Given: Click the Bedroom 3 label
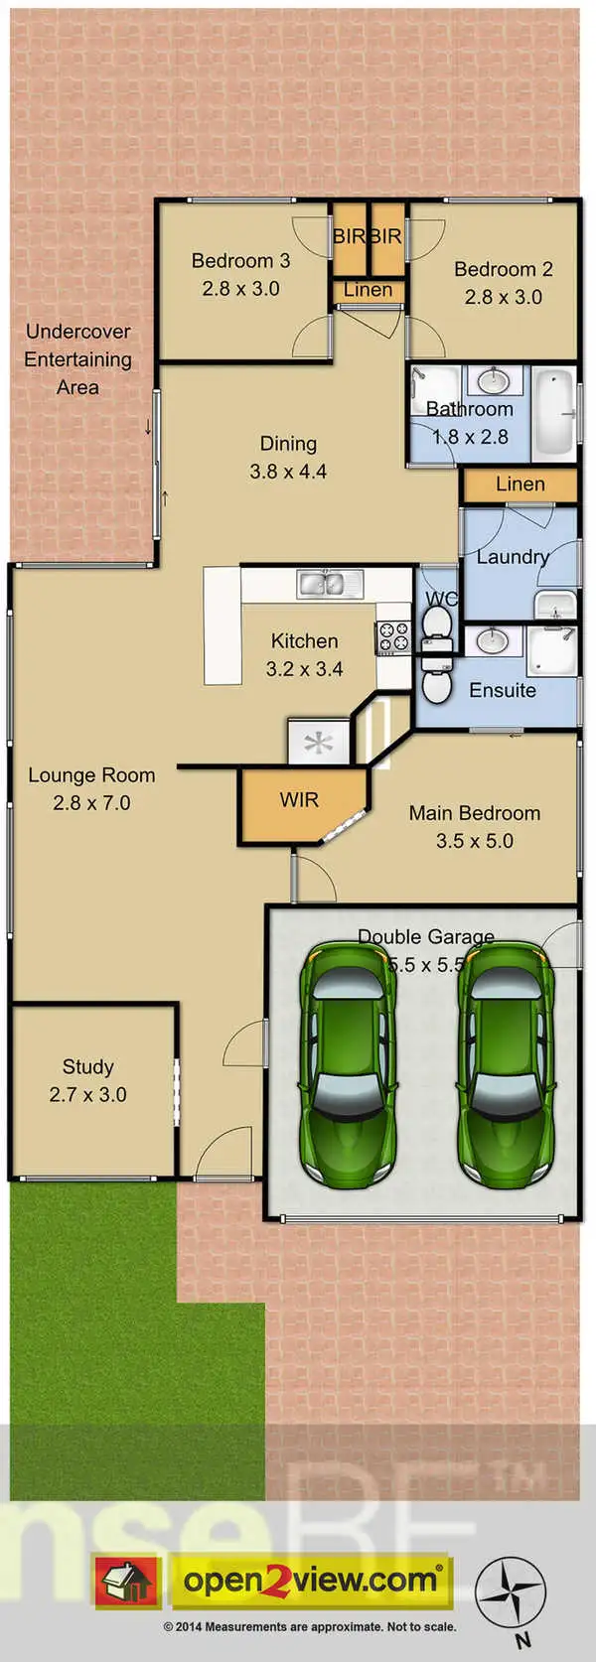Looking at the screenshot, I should click(x=240, y=261).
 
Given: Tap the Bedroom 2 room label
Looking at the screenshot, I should click(x=503, y=269).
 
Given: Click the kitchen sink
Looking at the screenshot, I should click(x=323, y=584).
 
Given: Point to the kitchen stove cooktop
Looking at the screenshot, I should click(x=392, y=636).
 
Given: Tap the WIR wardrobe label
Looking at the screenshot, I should click(x=299, y=800).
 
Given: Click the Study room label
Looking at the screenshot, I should click(x=87, y=1067).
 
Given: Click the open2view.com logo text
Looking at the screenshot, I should click(x=310, y=1580).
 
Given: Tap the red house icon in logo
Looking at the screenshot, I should click(x=126, y=1581).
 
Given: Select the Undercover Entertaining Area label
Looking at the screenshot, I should click(x=77, y=359).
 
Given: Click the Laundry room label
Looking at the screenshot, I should click(x=513, y=557).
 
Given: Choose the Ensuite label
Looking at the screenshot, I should click(x=502, y=690).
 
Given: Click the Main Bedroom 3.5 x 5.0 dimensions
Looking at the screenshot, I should click(x=474, y=841).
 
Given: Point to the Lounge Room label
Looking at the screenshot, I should click(x=91, y=775).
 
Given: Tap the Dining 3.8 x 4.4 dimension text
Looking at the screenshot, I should click(x=288, y=472).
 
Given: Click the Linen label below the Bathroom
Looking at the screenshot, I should click(x=520, y=484).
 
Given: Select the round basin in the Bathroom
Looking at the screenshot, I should click(x=488, y=381).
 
